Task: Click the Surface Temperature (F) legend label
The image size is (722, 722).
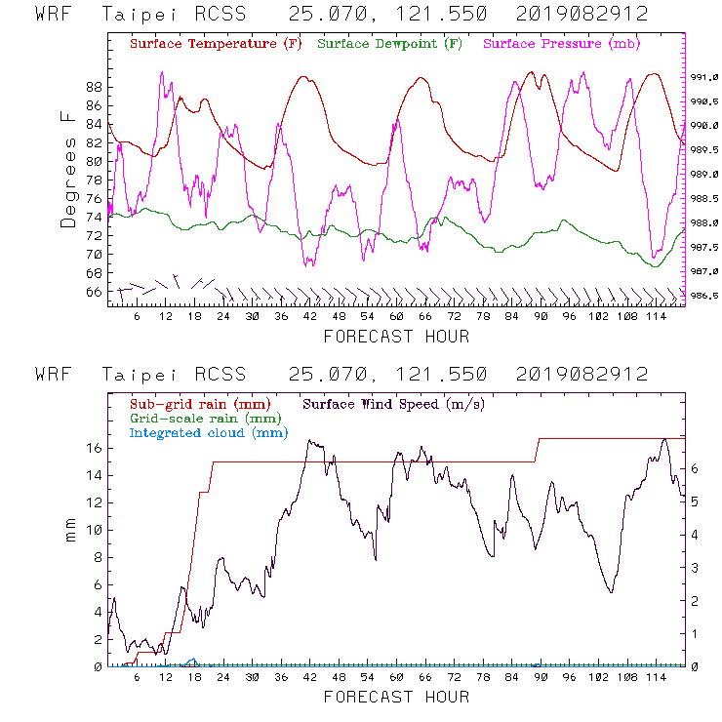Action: tap(216, 44)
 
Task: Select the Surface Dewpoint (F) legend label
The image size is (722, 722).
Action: tap(390, 44)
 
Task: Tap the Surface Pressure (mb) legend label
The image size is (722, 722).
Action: tap(561, 44)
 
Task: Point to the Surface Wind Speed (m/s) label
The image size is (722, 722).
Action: tap(394, 403)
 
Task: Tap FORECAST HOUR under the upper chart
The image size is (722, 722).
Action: tap(396, 337)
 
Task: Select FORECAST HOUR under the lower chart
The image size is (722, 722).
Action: tap(396, 697)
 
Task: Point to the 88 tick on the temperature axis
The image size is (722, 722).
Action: tap(95, 87)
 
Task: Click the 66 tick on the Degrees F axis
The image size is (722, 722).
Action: tap(95, 292)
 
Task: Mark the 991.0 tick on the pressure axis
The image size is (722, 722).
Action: tap(704, 77)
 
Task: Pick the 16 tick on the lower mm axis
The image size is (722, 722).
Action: tap(95, 449)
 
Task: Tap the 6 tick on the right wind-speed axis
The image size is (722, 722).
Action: tap(694, 468)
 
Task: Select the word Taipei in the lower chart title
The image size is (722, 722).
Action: tap(136, 375)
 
